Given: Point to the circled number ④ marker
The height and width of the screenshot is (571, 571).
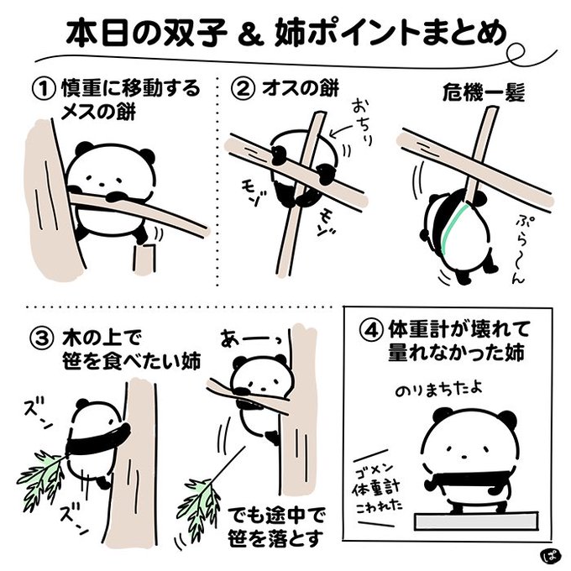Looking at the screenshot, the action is click(372, 330).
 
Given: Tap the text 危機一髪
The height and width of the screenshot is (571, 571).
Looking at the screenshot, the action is click(484, 92).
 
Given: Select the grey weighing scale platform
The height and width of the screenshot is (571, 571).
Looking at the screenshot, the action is click(476, 521).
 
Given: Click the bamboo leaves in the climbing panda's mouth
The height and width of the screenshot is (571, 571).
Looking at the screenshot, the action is click(43, 476).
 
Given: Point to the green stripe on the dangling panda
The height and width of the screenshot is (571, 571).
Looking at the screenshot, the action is click(453, 228).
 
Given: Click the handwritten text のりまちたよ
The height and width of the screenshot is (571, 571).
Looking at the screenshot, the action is click(439, 390).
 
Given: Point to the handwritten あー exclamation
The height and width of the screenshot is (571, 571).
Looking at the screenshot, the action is click(252, 338).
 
